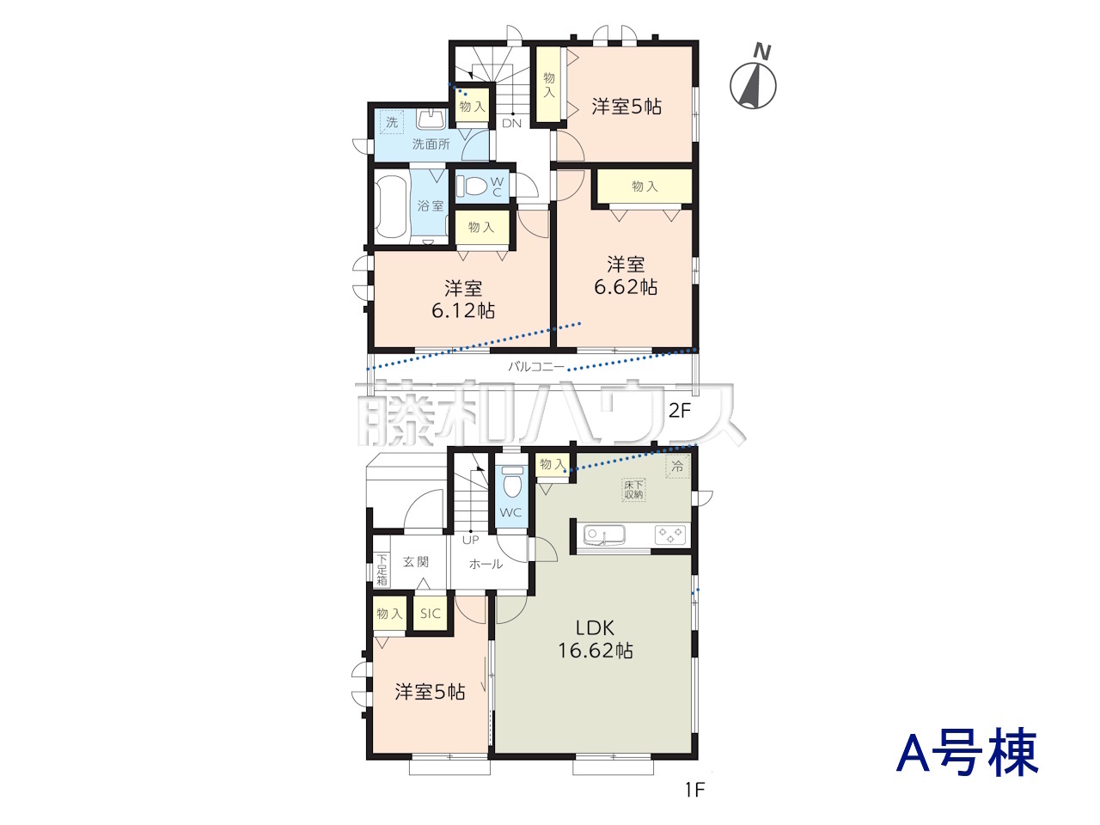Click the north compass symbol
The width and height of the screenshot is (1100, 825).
753,80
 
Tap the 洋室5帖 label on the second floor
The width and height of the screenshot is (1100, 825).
626,107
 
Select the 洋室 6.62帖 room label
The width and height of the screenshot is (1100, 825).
626,276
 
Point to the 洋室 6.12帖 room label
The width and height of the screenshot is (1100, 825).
463,300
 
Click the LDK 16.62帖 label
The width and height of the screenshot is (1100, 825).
596,639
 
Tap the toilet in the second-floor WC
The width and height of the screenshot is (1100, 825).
472,186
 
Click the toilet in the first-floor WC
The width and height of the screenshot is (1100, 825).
511,481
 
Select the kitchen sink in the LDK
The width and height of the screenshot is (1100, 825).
604,536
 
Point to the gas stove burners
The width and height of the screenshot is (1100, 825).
670,535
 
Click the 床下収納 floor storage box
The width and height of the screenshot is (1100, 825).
633,489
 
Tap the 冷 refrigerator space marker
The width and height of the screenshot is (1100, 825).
677,467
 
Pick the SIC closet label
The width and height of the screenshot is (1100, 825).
431,613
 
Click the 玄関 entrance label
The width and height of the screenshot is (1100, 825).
416,561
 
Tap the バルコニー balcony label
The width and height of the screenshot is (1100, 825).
536,366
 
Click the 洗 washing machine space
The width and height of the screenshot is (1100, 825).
392,122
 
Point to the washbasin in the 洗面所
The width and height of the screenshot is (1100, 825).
431,119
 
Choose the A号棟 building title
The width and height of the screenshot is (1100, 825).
967,752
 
